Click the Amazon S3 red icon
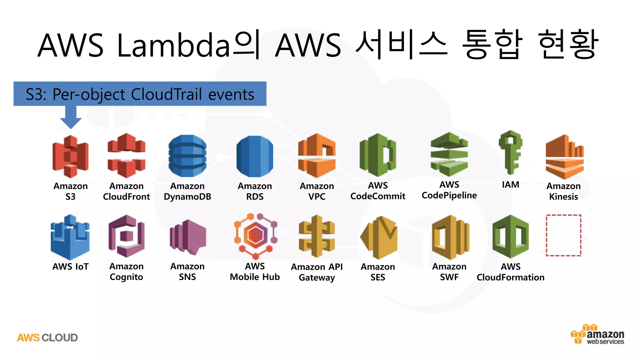click(x=70, y=156)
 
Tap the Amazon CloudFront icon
click(x=126, y=155)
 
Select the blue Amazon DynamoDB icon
click(x=187, y=156)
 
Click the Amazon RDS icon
click(x=255, y=156)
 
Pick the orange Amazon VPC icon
click(x=317, y=155)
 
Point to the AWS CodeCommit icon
click(x=377, y=155)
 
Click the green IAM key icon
click(x=510, y=152)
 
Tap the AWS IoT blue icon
click(x=70, y=237)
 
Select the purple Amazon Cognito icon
click(x=126, y=236)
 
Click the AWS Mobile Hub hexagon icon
click(x=256, y=236)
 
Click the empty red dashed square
click(x=563, y=235)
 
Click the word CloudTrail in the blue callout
click(x=166, y=94)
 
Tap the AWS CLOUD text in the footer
click(x=47, y=338)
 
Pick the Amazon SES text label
click(x=377, y=272)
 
